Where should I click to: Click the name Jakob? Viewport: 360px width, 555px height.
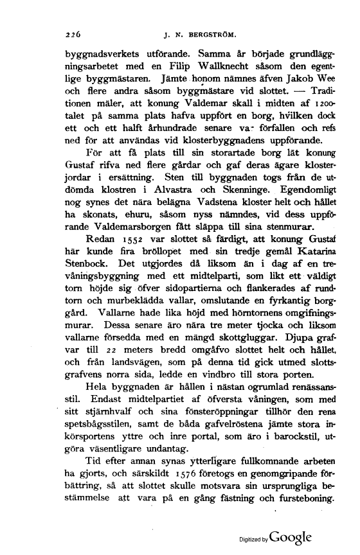[302, 93]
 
